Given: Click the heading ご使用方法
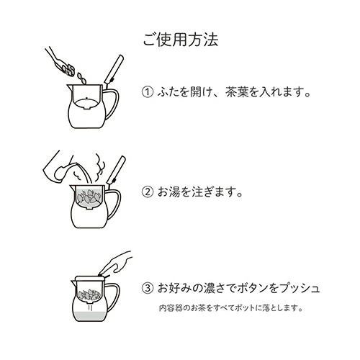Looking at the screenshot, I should (x=179, y=38).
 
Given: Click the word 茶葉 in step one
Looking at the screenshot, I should (x=222, y=93).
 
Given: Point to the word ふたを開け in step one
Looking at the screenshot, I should (x=181, y=93).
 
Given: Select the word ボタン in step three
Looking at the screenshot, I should (x=251, y=288).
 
